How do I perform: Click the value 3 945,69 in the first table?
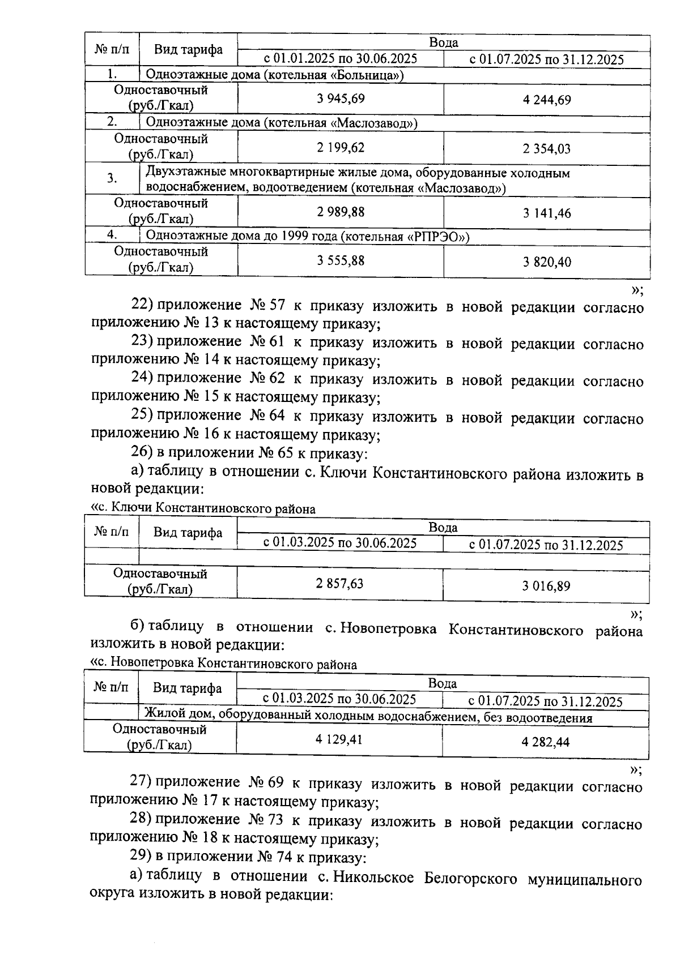click(x=341, y=99)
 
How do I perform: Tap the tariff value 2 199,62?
click(x=341, y=148)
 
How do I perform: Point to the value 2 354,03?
click(x=547, y=149)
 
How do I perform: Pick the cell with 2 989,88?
click(x=341, y=212)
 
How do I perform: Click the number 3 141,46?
click(x=547, y=213)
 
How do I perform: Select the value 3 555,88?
click(x=341, y=260)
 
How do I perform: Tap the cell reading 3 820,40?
click(x=547, y=262)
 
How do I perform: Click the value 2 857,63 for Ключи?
click(x=339, y=584)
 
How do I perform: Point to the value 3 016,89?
click(x=546, y=586)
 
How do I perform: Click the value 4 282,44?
click(x=546, y=742)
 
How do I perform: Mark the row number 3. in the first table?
click(x=112, y=178)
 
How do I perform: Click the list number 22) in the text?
click(x=142, y=305)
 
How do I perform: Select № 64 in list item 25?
click(x=267, y=416)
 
